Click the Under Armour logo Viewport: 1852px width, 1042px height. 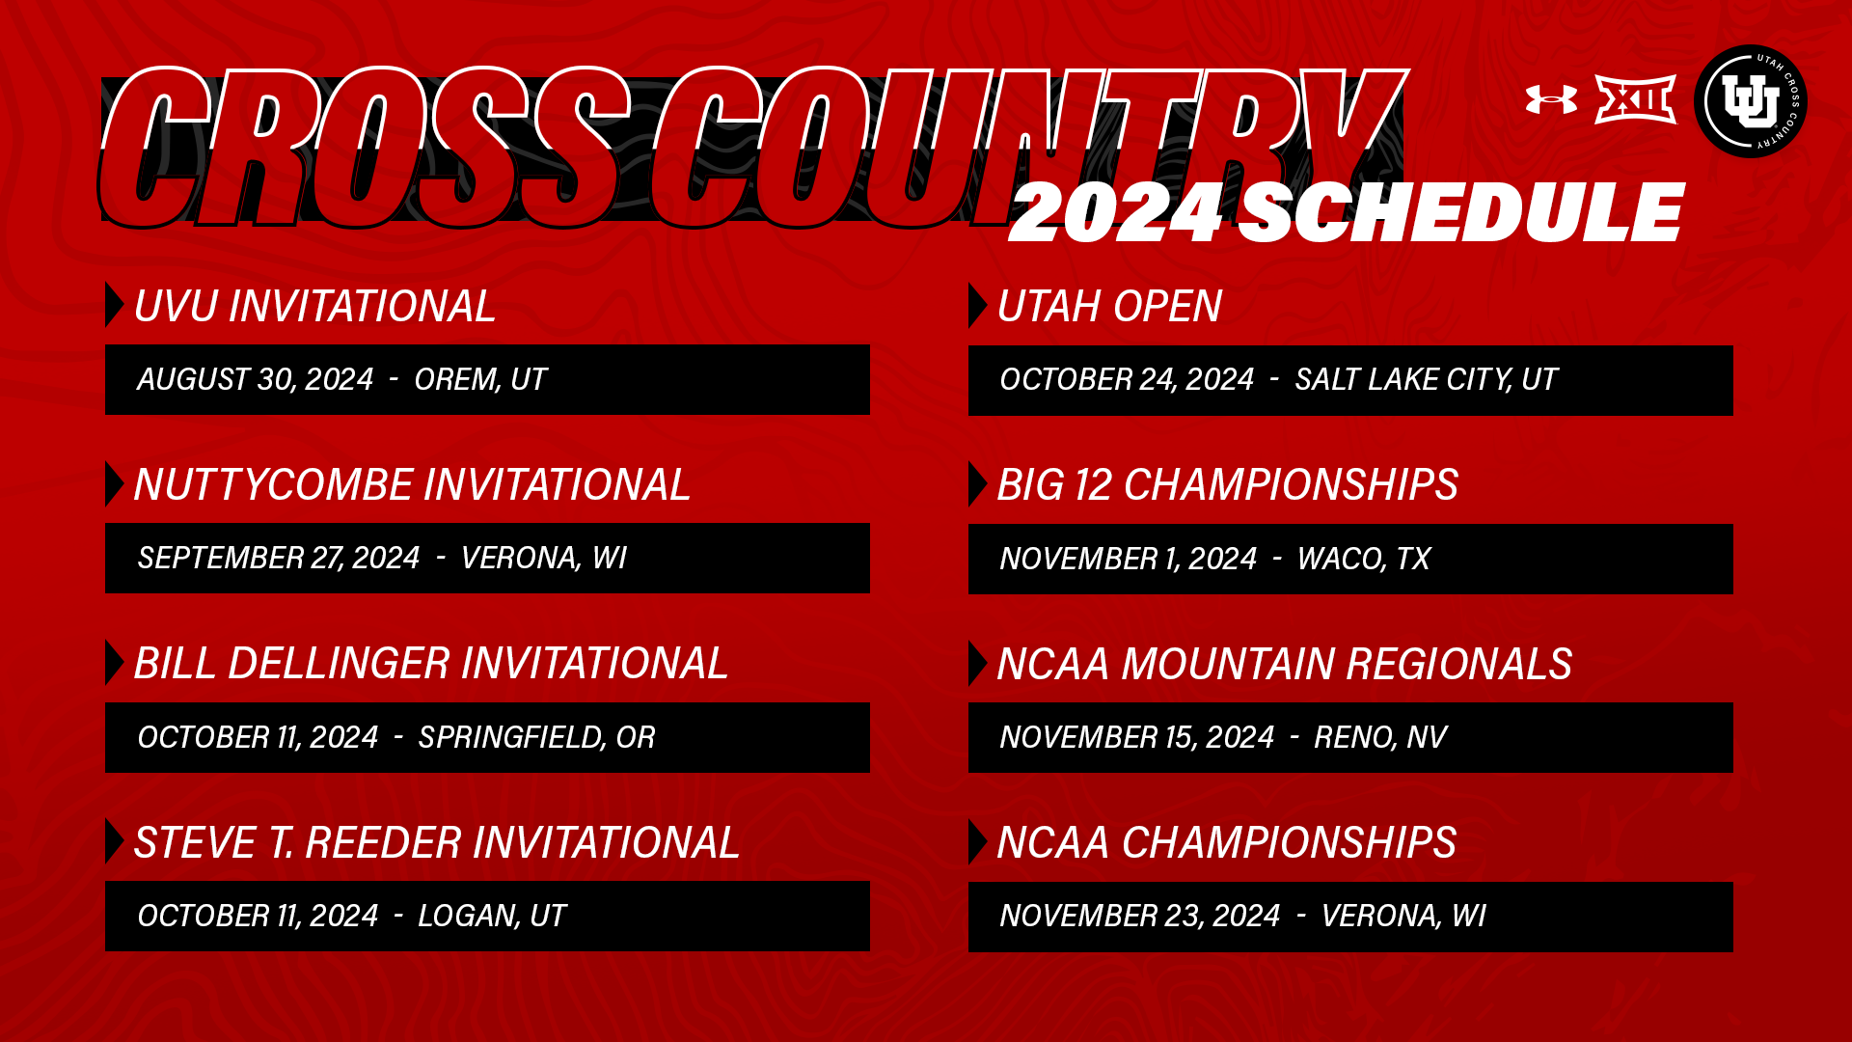point(1551,99)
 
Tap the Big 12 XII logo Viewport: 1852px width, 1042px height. point(1635,99)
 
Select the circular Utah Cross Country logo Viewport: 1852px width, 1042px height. point(1750,101)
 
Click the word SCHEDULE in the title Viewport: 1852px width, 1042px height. point(1460,213)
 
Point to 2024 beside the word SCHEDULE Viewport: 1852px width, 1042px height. point(1116,213)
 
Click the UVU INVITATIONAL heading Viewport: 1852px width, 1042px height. point(314,307)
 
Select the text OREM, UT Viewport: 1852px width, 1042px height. point(480,379)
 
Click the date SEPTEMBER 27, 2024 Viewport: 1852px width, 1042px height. point(279,558)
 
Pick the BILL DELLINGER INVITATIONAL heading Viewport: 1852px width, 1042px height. point(430,664)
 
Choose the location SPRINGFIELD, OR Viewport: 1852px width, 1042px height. point(536,737)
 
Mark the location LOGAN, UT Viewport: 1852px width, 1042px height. point(492,916)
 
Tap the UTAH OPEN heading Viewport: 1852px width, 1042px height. point(1109,307)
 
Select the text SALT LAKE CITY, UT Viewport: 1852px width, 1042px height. point(1426,379)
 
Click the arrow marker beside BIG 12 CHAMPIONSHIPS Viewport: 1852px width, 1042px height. point(978,484)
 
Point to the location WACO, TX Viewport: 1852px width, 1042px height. point(1364,559)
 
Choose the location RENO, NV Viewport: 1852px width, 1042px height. point(1380,737)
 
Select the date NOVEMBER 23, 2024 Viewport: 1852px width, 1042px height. point(1140,916)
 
